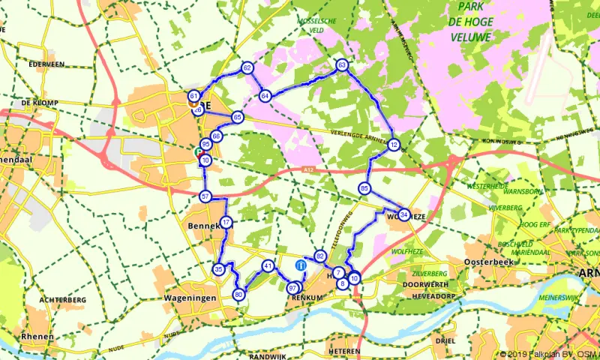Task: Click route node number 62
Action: (247, 68)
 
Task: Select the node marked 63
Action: (342, 66)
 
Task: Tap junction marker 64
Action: (265, 96)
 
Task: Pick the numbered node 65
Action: (237, 117)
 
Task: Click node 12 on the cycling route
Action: (393, 145)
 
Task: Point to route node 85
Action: (365, 188)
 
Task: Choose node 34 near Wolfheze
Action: (403, 215)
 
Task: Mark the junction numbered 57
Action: (205, 196)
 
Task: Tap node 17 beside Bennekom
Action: (226, 223)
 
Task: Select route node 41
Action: (268, 265)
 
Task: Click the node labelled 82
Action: (320, 256)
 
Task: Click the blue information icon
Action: (301, 265)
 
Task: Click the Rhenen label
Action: (37, 337)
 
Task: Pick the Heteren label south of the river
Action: (344, 350)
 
